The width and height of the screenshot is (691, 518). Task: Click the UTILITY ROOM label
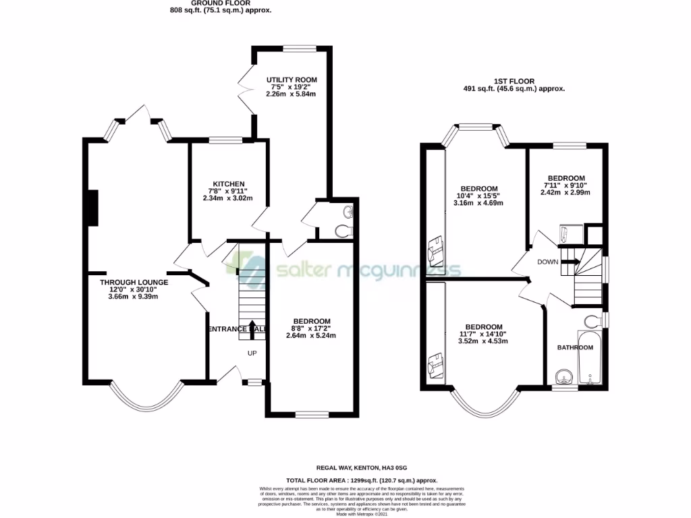pos(291,80)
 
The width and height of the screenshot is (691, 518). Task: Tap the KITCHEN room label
pos(228,184)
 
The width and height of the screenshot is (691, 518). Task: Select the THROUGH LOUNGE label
pos(134,282)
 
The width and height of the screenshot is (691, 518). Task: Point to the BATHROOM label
pos(574,348)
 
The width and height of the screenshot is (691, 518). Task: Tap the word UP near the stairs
pos(252,353)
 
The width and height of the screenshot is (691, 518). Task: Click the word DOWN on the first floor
pos(547,262)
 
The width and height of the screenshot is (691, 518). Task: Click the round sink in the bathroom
pos(561,374)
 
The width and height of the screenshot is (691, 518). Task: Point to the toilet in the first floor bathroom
pos(593,320)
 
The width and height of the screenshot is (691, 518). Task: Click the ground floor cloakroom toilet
pos(344,231)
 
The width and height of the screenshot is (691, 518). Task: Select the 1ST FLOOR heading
pos(514,81)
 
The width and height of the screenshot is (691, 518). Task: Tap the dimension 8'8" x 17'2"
pos(311,328)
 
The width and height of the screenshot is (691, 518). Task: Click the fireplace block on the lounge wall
pos(92,208)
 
